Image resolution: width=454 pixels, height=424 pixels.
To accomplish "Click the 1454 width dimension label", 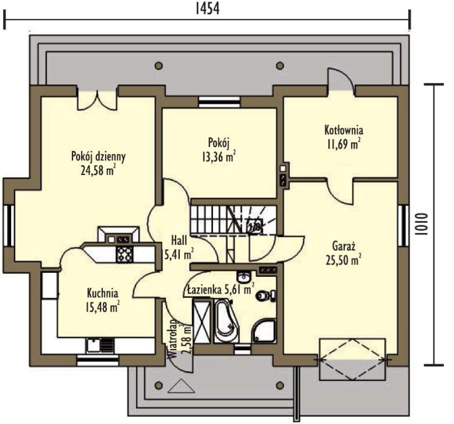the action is [207, 8].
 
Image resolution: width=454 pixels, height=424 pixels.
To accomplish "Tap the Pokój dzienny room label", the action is [98, 157].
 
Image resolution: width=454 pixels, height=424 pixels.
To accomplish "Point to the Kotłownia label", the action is [344, 130].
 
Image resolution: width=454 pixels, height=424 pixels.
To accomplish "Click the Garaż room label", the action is [344, 247].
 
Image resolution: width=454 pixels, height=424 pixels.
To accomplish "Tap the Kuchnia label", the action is [102, 293].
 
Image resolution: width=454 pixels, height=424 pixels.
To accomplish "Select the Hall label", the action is [179, 241].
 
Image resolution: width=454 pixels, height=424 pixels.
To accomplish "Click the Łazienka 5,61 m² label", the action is [220, 290].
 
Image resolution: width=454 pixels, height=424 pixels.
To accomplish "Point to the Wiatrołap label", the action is [173, 339].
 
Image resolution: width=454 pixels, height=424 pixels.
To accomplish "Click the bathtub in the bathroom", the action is [227, 321].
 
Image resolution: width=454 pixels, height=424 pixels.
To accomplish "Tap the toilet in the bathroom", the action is [265, 296].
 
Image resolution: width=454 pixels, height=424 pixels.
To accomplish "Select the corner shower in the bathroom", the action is [263, 331].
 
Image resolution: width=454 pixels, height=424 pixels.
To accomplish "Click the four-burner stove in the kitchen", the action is [125, 254].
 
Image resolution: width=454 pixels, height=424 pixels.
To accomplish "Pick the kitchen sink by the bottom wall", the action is [100, 346].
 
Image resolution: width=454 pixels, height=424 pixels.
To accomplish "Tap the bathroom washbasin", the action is [244, 277].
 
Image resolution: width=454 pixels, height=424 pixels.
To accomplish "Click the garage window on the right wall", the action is [403, 226].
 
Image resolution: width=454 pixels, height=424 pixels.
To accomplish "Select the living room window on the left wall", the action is [9, 226].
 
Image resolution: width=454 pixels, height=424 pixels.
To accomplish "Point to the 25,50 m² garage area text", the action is [343, 260].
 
